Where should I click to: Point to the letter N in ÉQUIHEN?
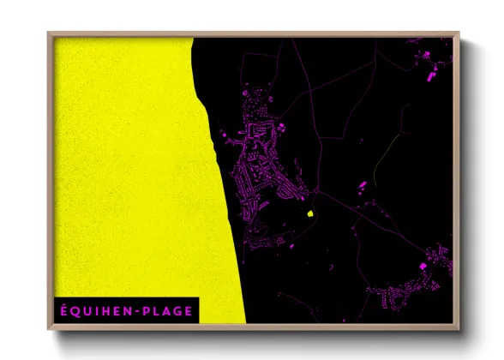(125, 311)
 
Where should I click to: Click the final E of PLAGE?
(190, 311)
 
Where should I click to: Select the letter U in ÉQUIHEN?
(87, 311)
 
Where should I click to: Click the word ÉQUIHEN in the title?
(94, 311)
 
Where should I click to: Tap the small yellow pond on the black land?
(309, 212)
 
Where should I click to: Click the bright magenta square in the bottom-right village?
(423, 267)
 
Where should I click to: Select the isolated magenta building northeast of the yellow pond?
(361, 184)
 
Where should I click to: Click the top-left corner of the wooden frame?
(48, 33)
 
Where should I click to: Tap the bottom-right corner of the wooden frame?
(460, 331)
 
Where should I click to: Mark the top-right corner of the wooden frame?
(460, 33)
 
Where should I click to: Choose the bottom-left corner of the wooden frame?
(48, 331)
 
